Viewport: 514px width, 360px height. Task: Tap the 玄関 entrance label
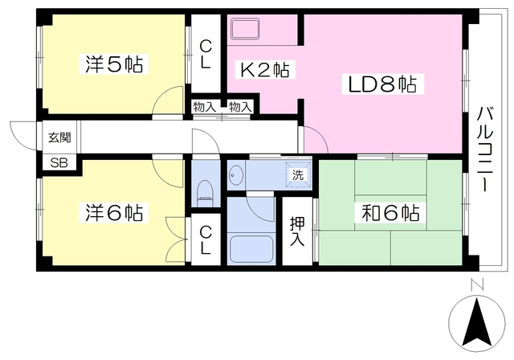pyautogui.click(x=59, y=137)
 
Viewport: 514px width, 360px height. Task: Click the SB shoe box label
pyautogui.click(x=59, y=162)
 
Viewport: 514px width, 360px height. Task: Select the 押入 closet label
pyautogui.click(x=297, y=230)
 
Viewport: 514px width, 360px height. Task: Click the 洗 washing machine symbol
pyautogui.click(x=297, y=174)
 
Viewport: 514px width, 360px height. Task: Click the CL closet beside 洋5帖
pyautogui.click(x=206, y=55)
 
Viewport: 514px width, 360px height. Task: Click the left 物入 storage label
pyautogui.click(x=204, y=106)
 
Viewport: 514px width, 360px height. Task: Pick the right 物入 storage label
pyautogui.click(x=239, y=106)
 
